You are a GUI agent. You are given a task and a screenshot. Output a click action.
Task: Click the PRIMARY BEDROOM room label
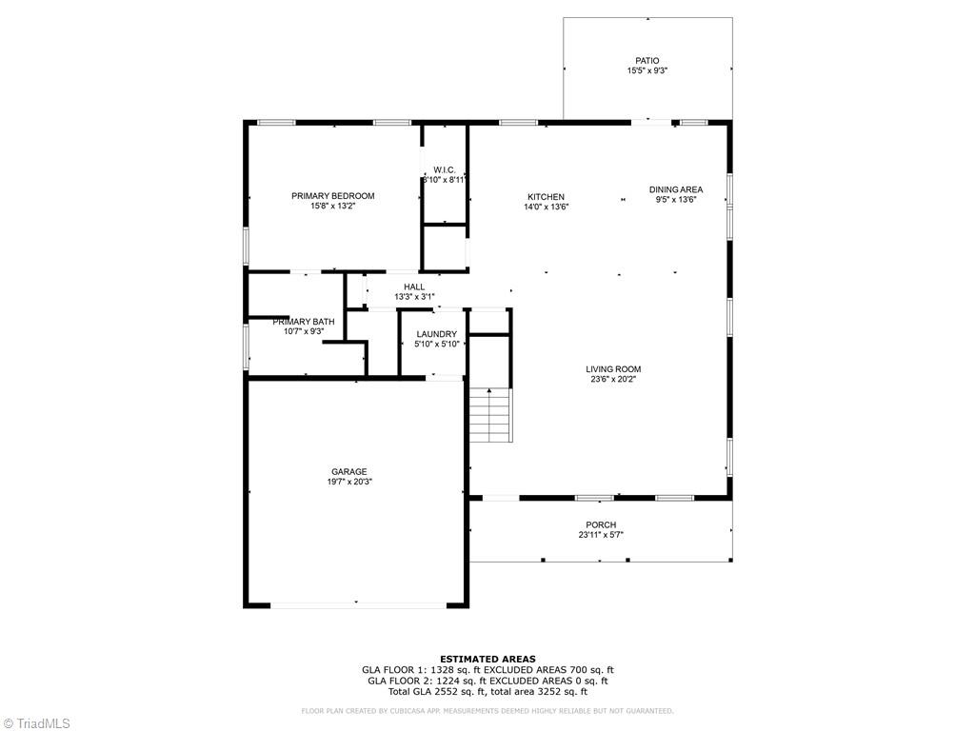[x=332, y=196]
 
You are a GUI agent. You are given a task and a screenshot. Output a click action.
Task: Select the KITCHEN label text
[x=547, y=197]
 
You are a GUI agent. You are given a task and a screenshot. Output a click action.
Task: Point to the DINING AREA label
[x=676, y=189]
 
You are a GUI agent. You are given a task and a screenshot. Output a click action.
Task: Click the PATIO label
[x=647, y=61]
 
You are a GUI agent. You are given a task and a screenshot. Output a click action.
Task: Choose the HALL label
[x=414, y=286]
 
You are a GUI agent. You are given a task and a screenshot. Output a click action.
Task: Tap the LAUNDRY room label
[x=437, y=334]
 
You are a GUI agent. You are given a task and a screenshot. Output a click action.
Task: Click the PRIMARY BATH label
[x=304, y=322]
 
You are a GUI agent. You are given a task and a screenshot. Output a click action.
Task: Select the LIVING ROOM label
[x=613, y=369]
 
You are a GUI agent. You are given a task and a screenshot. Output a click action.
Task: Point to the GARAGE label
[x=348, y=471]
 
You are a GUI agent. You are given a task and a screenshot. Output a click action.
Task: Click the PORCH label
[x=601, y=524]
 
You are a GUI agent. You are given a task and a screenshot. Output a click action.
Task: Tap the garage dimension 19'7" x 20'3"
[x=348, y=482]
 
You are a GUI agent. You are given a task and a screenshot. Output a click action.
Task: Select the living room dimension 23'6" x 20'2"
[x=613, y=379]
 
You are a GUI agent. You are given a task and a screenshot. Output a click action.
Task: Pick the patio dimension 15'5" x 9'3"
[x=647, y=71]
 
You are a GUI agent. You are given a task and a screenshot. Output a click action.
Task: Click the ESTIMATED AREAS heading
[x=487, y=659]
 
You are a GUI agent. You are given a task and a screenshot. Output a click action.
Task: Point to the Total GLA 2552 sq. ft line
[x=487, y=691]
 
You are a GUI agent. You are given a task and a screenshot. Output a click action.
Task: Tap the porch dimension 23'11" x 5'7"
[x=601, y=535]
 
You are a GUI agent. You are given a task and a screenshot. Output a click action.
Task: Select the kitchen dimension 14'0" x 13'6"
[x=547, y=207]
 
